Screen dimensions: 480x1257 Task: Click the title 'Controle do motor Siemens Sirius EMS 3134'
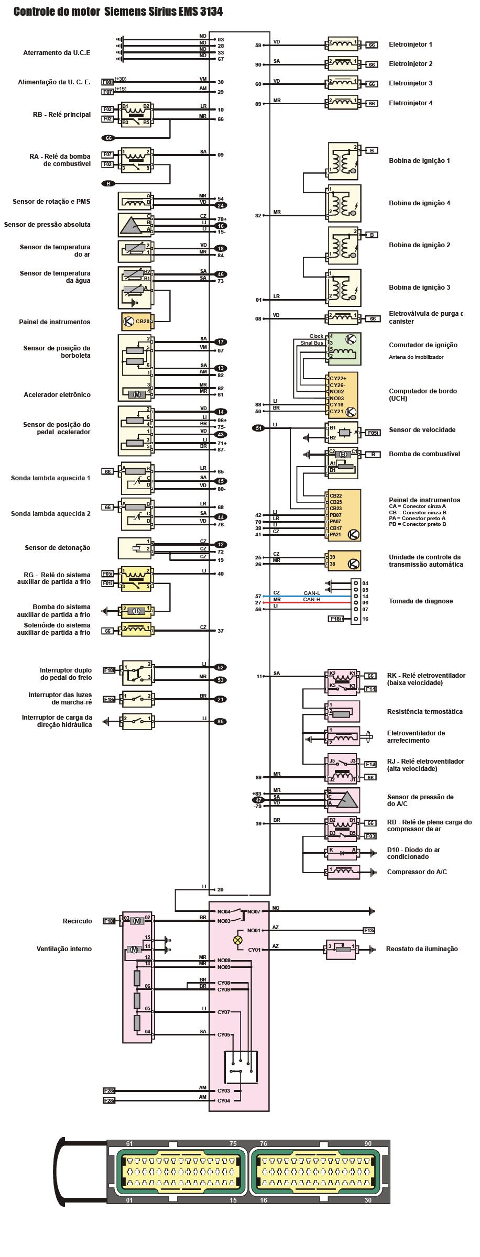pos(118,11)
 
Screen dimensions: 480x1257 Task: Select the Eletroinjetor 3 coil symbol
pos(343,83)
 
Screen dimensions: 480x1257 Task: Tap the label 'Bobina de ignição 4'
pos(419,203)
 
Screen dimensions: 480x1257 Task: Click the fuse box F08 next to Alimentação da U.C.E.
pos(107,82)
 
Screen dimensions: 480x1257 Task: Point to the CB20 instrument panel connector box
pos(136,322)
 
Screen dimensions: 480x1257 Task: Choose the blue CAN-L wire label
pos(312,593)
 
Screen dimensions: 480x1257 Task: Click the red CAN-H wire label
pos(312,600)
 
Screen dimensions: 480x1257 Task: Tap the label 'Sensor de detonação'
pos(58,548)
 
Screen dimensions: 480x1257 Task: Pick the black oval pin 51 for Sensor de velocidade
pos(259,428)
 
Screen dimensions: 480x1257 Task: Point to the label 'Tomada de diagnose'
pos(421,601)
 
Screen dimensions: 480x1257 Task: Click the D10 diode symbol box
pos(343,853)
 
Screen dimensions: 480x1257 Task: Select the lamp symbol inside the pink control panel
pos(238,940)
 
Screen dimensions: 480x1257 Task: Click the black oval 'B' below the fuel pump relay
pos(108,184)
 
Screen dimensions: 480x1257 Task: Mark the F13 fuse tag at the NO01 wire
pos(369,930)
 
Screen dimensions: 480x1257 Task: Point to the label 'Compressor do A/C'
pos(417,872)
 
